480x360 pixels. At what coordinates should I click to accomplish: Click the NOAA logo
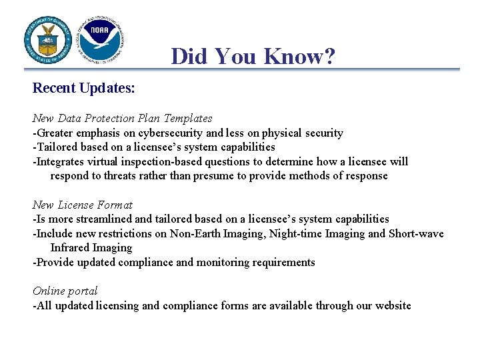pos(99,39)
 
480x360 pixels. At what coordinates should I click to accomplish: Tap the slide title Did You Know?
pos(253,56)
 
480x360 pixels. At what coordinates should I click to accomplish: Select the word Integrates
pos(61,161)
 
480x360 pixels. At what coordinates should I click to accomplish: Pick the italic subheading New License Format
pos(83,205)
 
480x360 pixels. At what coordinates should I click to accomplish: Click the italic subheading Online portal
pos(65,291)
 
